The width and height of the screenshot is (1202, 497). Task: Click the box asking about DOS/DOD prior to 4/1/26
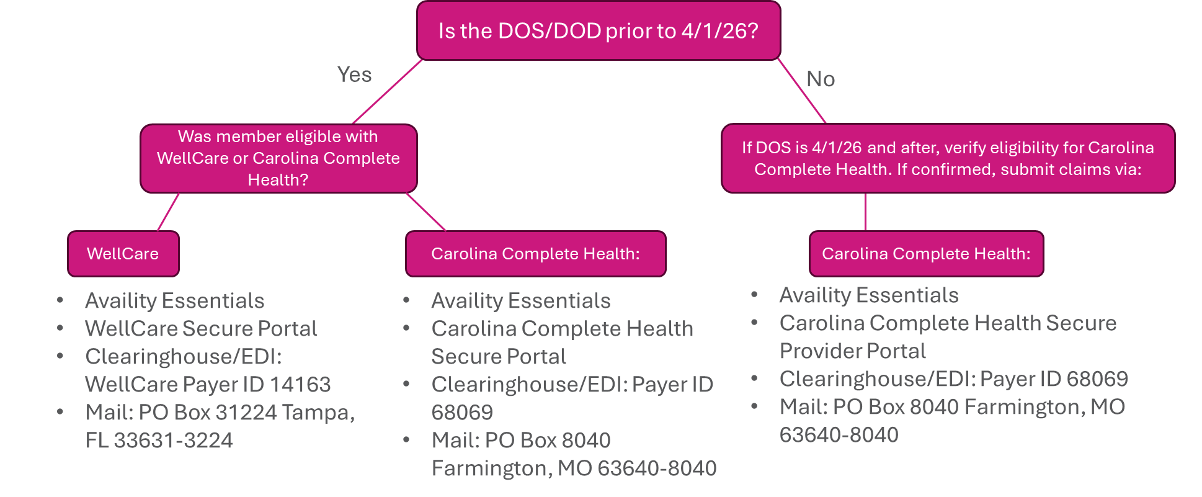(x=598, y=31)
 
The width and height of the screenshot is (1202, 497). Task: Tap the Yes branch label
(x=354, y=74)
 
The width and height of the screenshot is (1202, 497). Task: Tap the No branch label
(x=820, y=79)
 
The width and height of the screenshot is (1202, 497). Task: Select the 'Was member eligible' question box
(x=278, y=158)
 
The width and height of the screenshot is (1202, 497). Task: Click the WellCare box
(x=123, y=254)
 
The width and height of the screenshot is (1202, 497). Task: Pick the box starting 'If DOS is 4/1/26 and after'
(x=947, y=158)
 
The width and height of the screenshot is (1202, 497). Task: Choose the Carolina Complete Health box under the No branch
(x=925, y=254)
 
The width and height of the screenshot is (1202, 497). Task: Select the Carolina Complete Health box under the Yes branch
(x=535, y=254)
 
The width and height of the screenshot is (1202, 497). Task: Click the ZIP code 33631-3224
(x=173, y=441)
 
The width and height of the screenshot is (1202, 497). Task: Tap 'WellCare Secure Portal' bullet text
(x=201, y=329)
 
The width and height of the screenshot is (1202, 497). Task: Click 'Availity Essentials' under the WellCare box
(x=174, y=301)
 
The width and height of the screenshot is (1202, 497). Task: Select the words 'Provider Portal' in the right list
(x=852, y=351)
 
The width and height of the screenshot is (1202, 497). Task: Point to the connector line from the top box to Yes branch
(x=388, y=91)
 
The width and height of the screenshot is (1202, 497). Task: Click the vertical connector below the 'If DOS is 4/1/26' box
(x=865, y=212)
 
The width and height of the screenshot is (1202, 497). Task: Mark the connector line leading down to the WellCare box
(x=168, y=212)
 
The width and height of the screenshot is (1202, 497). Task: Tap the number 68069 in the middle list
(x=462, y=413)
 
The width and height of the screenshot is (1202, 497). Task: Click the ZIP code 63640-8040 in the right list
(x=839, y=435)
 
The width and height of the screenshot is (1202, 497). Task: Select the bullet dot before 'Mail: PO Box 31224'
(x=60, y=411)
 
